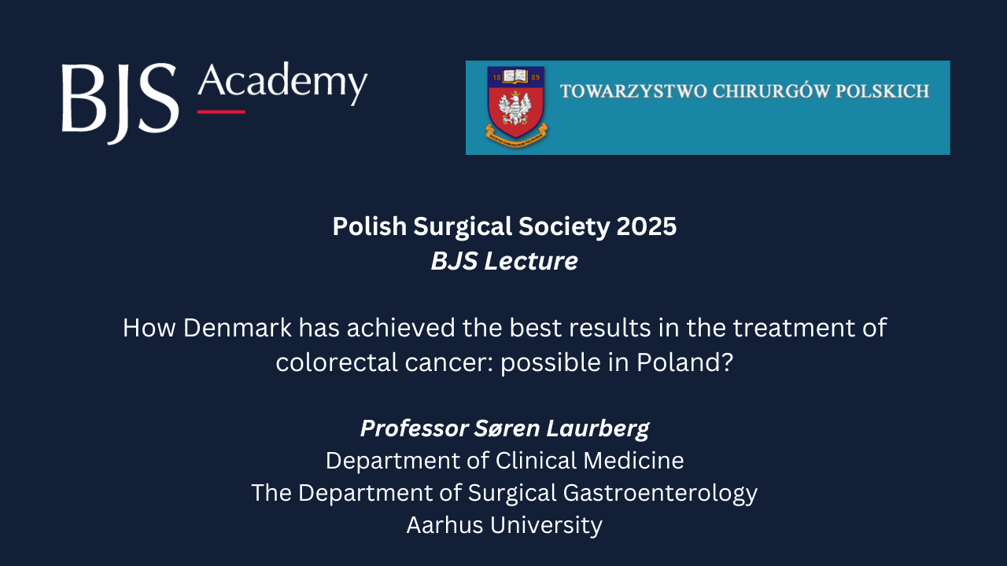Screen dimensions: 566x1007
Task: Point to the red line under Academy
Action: point(221,112)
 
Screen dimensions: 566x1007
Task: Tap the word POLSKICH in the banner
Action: point(883,91)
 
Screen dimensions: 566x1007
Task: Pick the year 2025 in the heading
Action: point(647,226)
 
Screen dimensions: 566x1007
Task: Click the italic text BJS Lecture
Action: point(504,261)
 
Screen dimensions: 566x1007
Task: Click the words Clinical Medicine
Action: point(589,460)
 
